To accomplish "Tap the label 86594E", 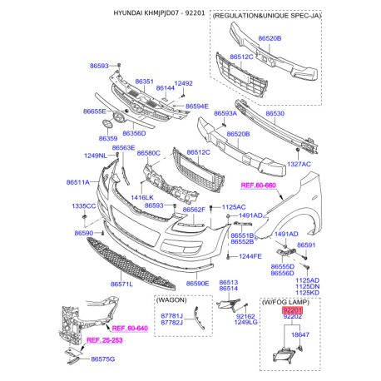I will (x=197, y=106).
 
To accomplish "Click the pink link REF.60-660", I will (x=259, y=186).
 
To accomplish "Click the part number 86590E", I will (x=197, y=284).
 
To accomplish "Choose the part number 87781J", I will (x=171, y=316).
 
